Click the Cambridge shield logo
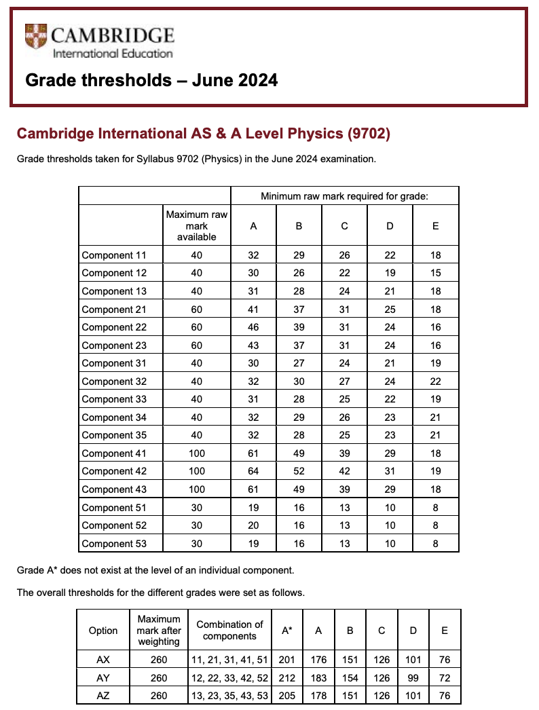[36, 35]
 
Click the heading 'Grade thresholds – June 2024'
[151, 80]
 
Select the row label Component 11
[113, 255]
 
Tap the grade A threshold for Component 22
[253, 327]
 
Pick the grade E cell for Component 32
[435, 381]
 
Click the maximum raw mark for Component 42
[196, 471]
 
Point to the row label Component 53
[113, 543]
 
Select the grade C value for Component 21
[344, 310]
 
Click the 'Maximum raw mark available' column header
[196, 225]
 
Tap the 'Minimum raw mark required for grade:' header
[344, 196]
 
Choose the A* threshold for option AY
[286, 677]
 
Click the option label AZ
[103, 695]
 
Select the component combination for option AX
[229, 659]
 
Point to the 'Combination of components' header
[229, 630]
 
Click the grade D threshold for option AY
[413, 677]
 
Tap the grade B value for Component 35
[299, 435]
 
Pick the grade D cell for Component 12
[390, 273]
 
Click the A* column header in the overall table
[286, 630]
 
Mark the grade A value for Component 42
[253, 471]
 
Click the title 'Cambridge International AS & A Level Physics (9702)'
[203, 134]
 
